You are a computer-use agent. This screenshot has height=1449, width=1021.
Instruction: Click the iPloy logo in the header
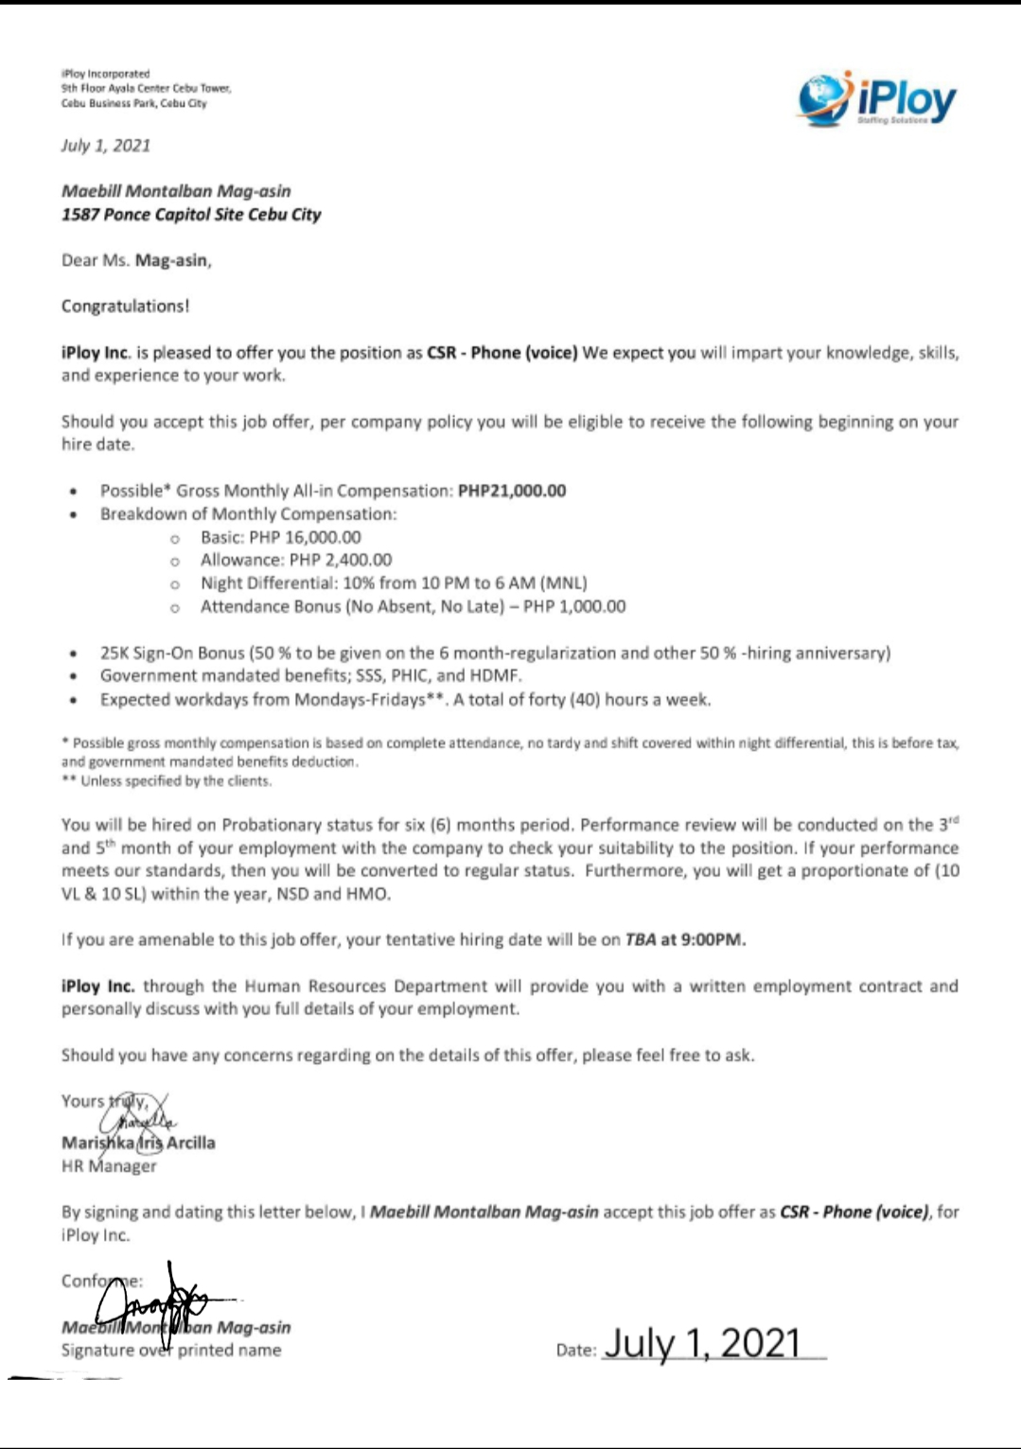(876, 98)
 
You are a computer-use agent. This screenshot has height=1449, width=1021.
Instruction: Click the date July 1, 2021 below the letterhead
(106, 146)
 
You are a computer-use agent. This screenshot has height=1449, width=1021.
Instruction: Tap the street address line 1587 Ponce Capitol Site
(191, 215)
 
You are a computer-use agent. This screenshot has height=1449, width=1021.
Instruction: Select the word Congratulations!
(125, 306)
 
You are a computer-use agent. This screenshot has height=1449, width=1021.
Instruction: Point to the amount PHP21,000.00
(512, 491)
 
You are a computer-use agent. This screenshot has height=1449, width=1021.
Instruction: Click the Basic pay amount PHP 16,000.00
(305, 537)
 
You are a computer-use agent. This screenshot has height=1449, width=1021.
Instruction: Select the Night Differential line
(393, 584)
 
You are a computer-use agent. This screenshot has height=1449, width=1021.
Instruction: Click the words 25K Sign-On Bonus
(172, 654)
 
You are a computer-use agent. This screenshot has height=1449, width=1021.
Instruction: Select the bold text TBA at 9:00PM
(685, 940)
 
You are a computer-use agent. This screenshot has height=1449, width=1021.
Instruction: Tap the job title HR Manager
(109, 1166)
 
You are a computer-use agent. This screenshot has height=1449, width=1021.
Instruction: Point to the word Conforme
(100, 1282)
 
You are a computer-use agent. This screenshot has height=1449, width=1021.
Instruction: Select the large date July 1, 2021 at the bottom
(702, 1343)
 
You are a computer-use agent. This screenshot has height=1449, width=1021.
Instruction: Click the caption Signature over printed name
(171, 1351)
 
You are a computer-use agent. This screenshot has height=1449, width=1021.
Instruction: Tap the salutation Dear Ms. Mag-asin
(136, 260)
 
